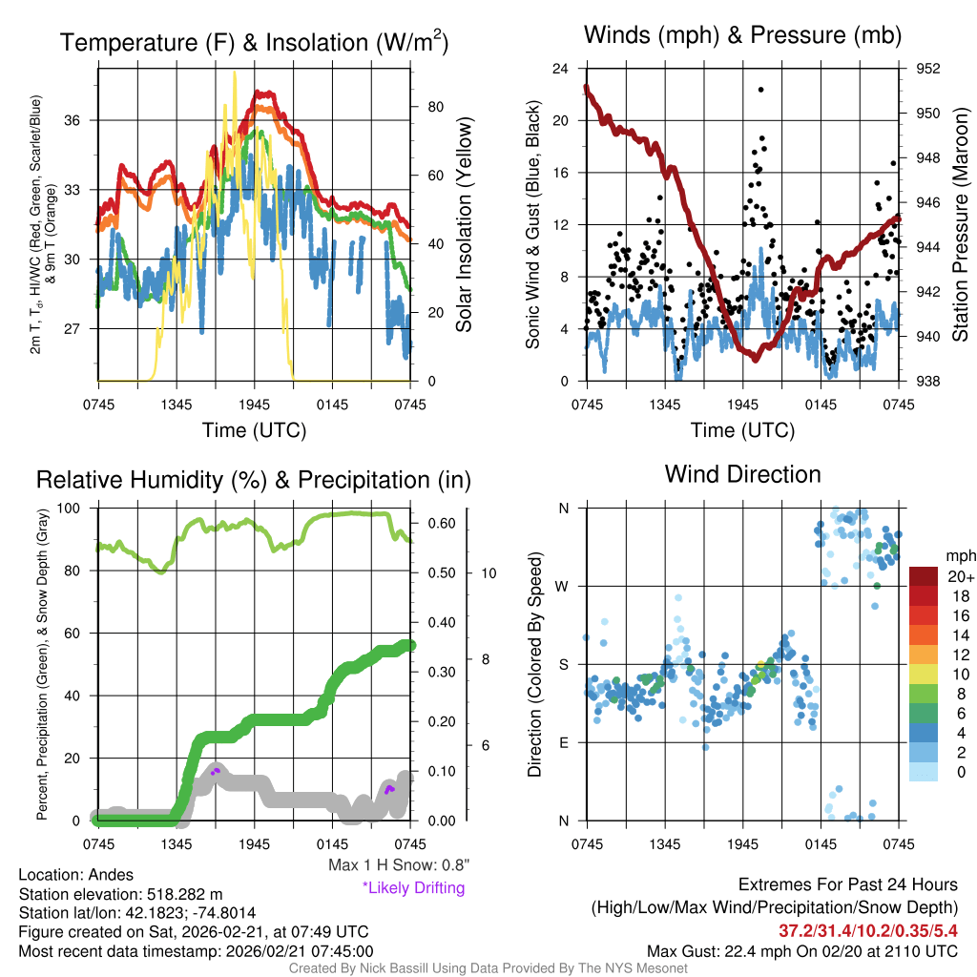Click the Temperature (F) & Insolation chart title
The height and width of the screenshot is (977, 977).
[254, 42]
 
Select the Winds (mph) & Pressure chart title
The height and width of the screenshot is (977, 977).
[743, 35]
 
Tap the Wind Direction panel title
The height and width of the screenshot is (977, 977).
[742, 474]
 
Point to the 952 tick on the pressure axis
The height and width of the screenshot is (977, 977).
[928, 69]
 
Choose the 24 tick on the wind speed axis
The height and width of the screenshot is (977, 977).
[561, 69]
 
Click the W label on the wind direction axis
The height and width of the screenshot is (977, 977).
[563, 586]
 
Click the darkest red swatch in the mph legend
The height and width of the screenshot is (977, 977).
[924, 576]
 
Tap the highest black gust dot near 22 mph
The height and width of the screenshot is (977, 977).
[760, 90]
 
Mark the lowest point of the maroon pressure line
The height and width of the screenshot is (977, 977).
[755, 359]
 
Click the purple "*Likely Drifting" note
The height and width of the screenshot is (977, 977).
[413, 888]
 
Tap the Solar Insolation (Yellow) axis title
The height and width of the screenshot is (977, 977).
[465, 225]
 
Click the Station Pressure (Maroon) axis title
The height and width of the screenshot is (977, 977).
[960, 225]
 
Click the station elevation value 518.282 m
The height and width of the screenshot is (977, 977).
[184, 894]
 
